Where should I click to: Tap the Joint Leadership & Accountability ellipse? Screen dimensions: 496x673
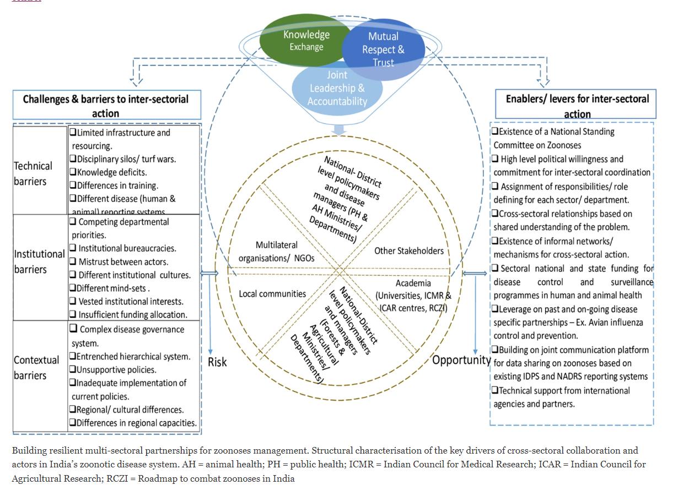(x=337, y=88)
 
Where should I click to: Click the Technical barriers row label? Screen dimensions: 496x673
(x=33, y=173)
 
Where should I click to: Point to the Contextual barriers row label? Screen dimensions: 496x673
(x=36, y=368)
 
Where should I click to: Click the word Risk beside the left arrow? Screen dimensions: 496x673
(x=217, y=362)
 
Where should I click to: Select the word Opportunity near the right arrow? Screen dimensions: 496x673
(x=461, y=360)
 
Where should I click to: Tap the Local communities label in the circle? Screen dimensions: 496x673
(x=272, y=294)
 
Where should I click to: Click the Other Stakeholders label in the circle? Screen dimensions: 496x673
(x=409, y=251)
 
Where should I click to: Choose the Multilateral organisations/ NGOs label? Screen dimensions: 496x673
(x=276, y=250)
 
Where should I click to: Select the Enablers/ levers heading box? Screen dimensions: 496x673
(x=577, y=105)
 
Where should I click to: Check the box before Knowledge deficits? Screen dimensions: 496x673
(x=73, y=172)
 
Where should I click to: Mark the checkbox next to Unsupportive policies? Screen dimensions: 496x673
(x=73, y=370)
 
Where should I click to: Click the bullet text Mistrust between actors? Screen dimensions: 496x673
(x=123, y=262)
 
